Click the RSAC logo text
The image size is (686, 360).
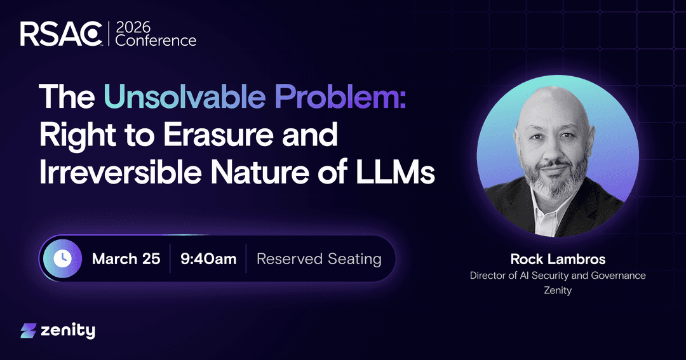[x=61, y=34]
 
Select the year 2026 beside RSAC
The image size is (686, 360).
[x=133, y=27]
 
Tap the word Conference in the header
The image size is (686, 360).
[x=156, y=41]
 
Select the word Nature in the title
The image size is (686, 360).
[x=260, y=172]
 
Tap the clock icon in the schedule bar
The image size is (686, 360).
[x=62, y=259]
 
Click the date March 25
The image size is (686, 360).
[x=126, y=259]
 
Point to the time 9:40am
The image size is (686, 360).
[x=208, y=259]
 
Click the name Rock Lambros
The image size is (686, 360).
[x=558, y=260]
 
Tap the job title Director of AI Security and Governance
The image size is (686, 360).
[x=558, y=276]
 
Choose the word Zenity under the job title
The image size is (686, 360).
[x=558, y=290]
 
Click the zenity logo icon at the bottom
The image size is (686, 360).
[x=29, y=331]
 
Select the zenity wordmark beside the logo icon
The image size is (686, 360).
[x=68, y=331]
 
